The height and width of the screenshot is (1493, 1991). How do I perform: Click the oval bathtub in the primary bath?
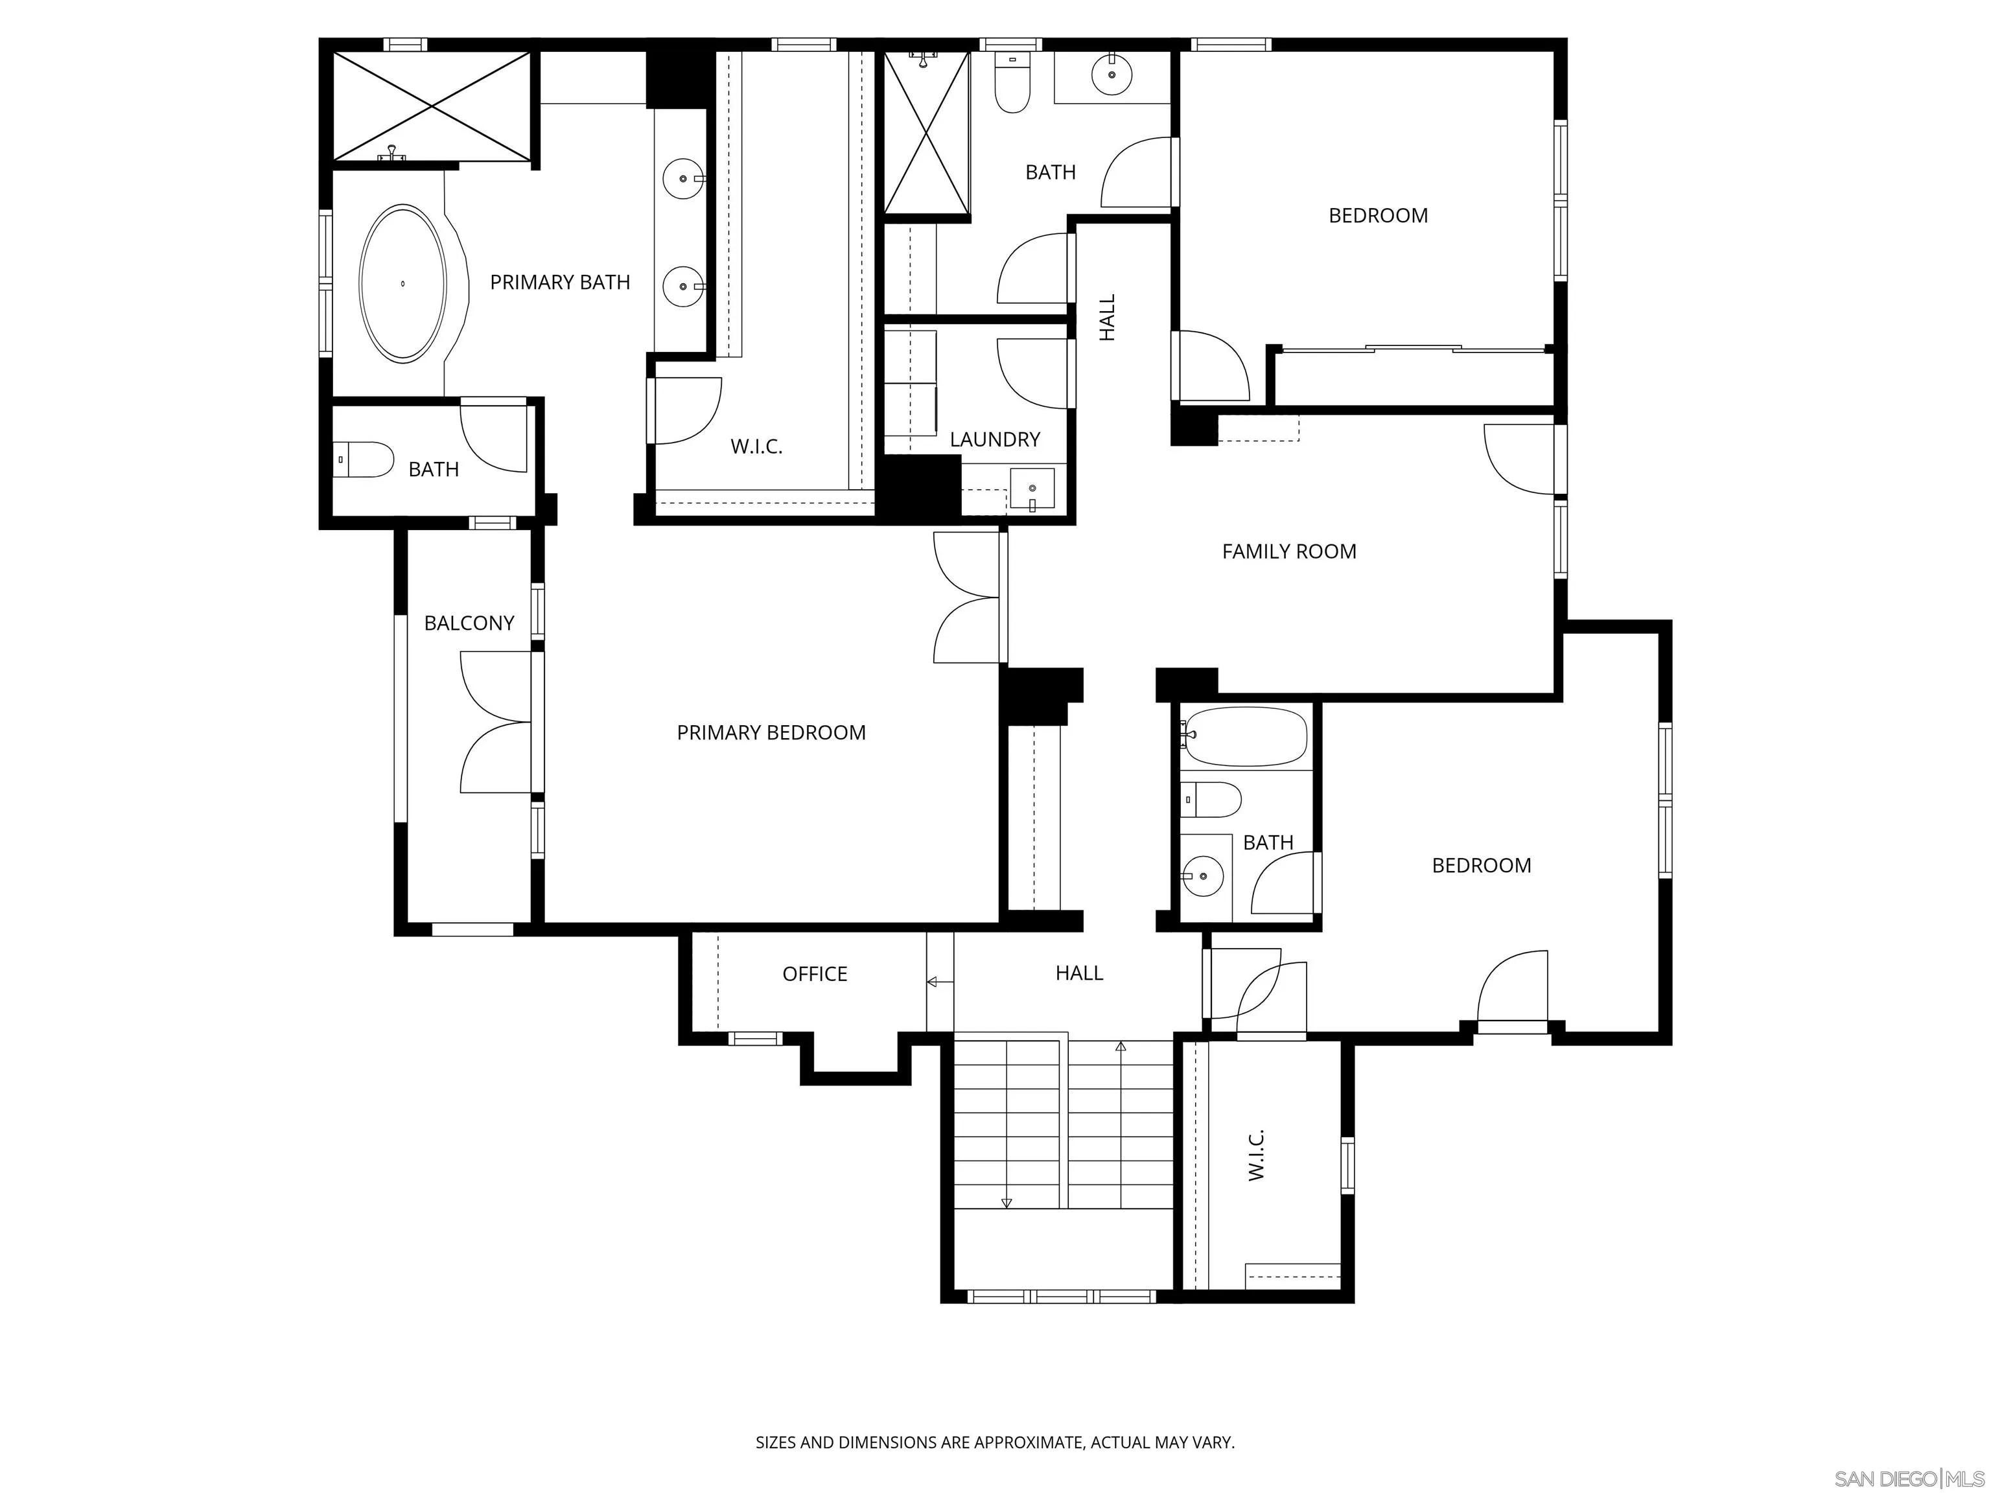pos(402,283)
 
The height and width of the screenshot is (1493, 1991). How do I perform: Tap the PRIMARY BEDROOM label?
pos(771,732)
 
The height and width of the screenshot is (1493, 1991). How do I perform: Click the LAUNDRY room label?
pos(995,439)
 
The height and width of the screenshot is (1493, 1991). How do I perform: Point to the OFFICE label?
pos(815,974)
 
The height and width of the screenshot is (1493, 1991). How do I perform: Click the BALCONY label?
pos(469,623)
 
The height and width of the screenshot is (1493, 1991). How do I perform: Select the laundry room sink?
pos(1032,489)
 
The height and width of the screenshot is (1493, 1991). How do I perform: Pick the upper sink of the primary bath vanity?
pos(683,179)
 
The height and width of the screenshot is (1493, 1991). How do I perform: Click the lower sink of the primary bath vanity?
pos(683,287)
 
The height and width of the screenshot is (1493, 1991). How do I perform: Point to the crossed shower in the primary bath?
pos(432,106)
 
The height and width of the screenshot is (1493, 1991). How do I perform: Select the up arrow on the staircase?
pos(1121,1047)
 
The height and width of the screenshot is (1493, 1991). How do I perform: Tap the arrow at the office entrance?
pos(933,982)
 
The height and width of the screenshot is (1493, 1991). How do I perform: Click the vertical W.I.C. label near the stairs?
pos(1257,1155)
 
